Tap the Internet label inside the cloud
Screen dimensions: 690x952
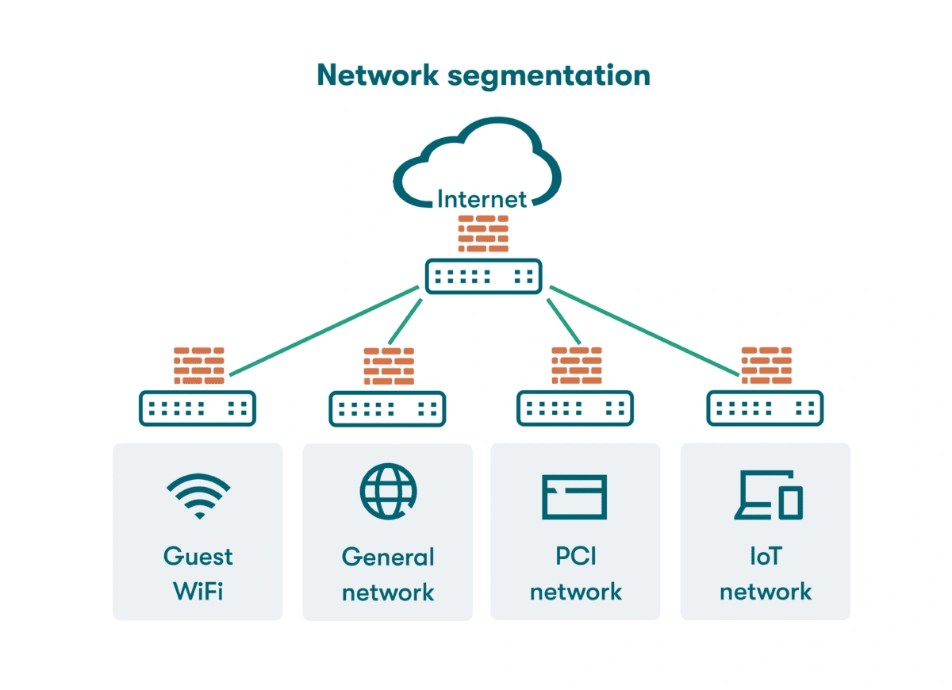(x=482, y=198)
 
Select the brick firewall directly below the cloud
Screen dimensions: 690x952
(x=483, y=234)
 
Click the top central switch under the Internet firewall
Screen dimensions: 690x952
(x=483, y=276)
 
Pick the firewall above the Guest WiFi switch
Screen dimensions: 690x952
(x=198, y=366)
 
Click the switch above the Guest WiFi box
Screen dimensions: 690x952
(x=198, y=408)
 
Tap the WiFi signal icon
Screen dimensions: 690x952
(x=198, y=496)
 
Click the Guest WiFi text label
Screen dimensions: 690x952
(x=198, y=573)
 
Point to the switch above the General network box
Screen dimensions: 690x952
(x=387, y=409)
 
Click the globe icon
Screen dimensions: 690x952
(x=387, y=492)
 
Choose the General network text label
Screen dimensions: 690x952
(x=388, y=574)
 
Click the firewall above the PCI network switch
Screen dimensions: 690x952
(x=577, y=366)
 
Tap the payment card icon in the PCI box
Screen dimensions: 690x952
(x=574, y=497)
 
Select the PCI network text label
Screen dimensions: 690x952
(x=576, y=573)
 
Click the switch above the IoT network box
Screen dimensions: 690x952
(x=765, y=408)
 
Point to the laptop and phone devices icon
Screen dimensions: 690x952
(x=767, y=496)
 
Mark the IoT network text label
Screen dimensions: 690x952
(x=766, y=573)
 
